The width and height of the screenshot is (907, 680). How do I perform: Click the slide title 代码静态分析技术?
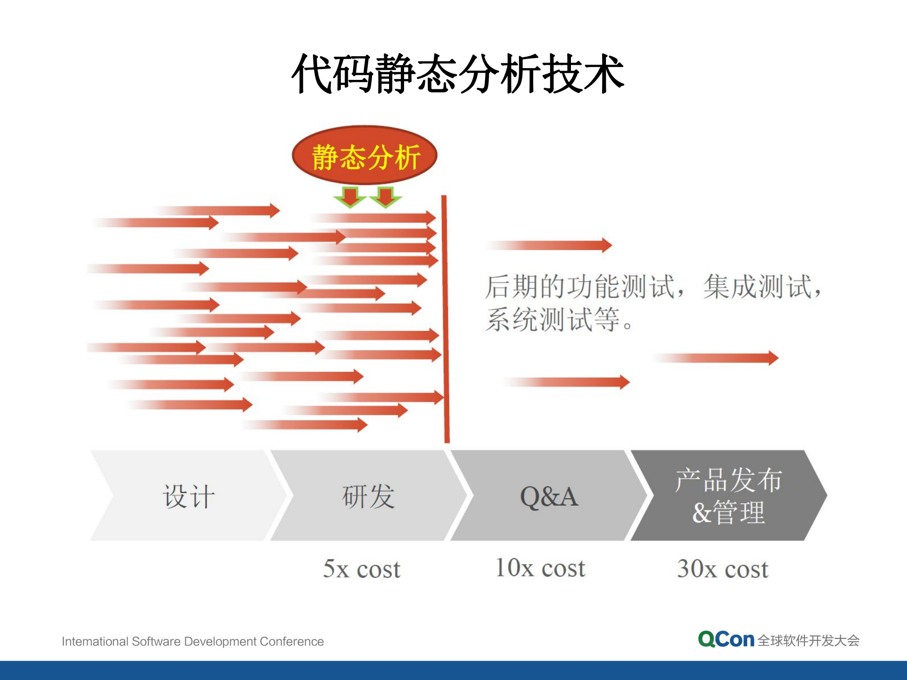tap(458, 74)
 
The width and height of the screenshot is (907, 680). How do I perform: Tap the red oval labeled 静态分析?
tap(364, 155)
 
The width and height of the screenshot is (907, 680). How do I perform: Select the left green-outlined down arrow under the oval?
tap(350, 197)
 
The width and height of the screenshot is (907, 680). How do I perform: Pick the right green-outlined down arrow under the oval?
tap(386, 197)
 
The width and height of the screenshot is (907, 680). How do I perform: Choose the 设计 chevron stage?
tap(188, 496)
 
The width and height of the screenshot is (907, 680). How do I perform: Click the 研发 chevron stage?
tap(368, 496)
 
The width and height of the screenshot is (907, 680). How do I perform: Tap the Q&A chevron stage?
tap(548, 496)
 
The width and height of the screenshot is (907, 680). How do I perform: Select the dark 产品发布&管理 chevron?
tap(728, 496)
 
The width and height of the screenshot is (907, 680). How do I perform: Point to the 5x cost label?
tap(362, 568)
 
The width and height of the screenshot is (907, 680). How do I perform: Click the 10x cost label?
tap(540, 568)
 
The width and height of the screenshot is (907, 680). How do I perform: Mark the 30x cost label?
tap(722, 568)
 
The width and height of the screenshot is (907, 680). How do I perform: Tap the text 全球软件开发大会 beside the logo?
tap(808, 640)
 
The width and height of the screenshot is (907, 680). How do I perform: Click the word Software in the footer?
tap(156, 641)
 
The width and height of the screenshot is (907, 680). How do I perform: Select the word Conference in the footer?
tap(292, 641)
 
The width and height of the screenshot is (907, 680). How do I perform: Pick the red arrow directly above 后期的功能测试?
tap(551, 245)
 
